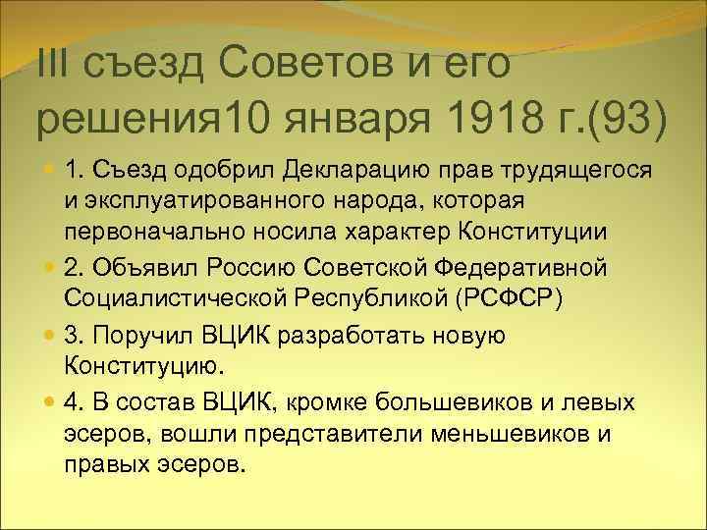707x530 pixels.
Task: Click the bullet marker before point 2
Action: point(49,269)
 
